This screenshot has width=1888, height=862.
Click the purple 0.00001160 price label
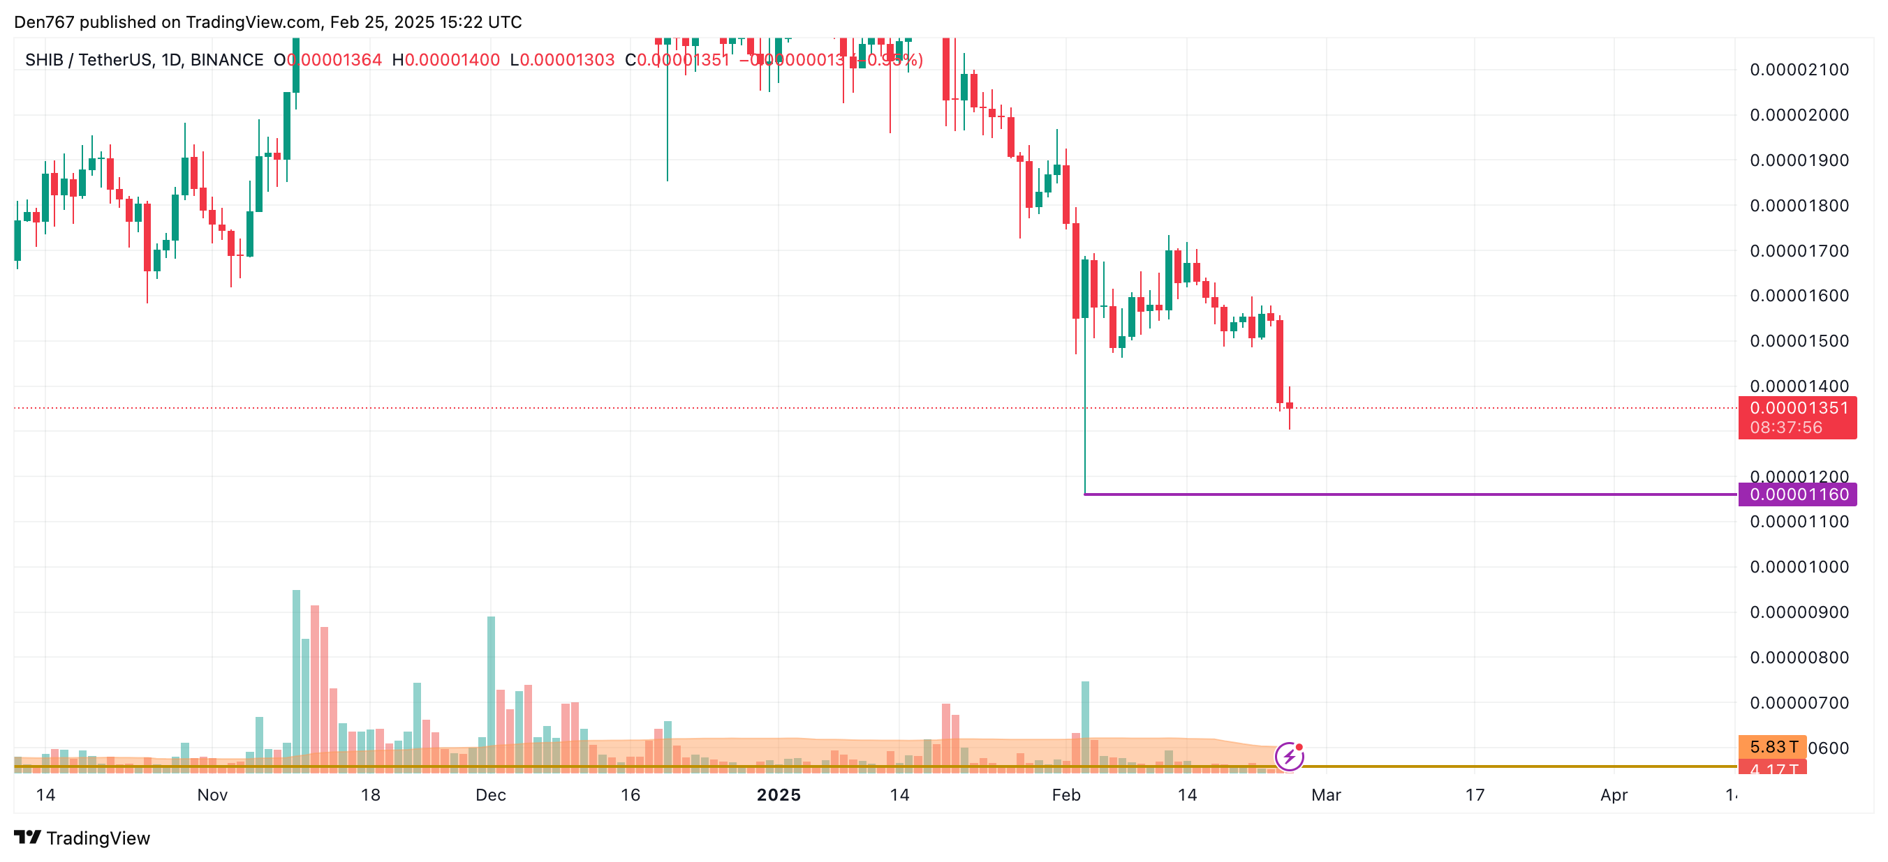(x=1798, y=494)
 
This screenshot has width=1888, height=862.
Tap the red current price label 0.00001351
(x=1798, y=408)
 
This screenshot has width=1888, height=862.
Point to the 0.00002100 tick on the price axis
(x=1799, y=70)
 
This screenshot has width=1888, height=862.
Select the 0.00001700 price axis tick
(x=1799, y=250)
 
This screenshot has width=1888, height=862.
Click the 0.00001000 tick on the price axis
(x=1799, y=567)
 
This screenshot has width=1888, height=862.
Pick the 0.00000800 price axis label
(x=1799, y=658)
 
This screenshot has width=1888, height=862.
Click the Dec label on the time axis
(x=490, y=794)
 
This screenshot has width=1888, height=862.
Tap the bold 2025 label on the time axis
(x=779, y=794)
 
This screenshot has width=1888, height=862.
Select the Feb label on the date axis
(x=1065, y=794)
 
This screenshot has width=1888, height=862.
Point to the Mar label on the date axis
(x=1326, y=794)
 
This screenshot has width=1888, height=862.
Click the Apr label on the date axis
(x=1614, y=794)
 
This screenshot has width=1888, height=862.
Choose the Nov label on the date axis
(x=212, y=794)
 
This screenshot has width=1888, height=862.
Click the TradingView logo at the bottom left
(x=82, y=838)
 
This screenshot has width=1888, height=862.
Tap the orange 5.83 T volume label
(x=1773, y=747)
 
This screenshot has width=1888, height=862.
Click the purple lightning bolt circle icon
(x=1289, y=757)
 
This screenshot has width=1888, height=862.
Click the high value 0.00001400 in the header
(x=452, y=60)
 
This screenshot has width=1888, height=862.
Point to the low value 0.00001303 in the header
(x=566, y=60)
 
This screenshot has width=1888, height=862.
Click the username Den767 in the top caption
(x=44, y=22)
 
